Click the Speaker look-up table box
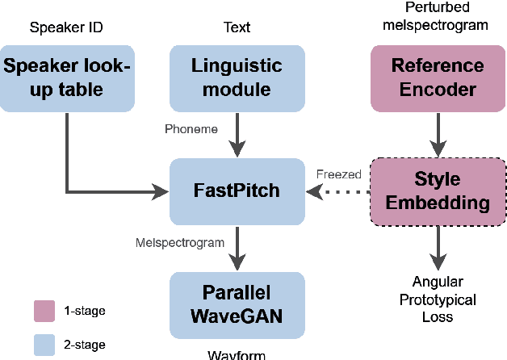click(x=67, y=77)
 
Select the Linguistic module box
click(x=237, y=77)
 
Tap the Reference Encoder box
click(x=438, y=77)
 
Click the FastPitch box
click(x=237, y=191)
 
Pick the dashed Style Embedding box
click(x=438, y=191)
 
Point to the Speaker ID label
click(x=67, y=27)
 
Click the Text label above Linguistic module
click(x=237, y=27)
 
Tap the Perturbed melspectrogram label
click(x=438, y=16)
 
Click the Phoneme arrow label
click(x=191, y=129)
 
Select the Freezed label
click(x=338, y=174)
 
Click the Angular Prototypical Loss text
click(x=438, y=299)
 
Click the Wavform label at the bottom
click(x=237, y=354)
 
